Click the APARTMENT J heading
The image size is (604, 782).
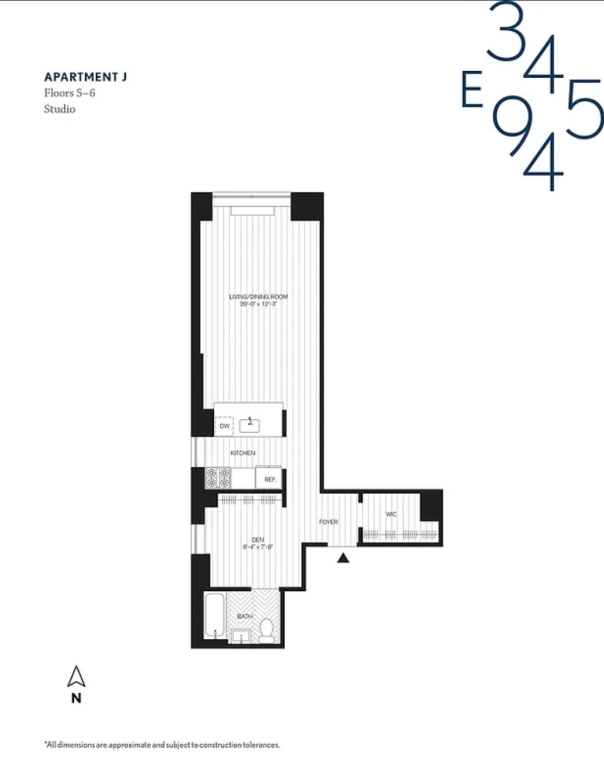(x=85, y=77)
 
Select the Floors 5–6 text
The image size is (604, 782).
(x=70, y=93)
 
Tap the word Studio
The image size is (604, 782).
(x=60, y=109)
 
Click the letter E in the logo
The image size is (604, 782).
(x=472, y=90)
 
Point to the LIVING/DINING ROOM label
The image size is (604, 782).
(x=258, y=297)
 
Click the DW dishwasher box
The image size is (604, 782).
(x=224, y=426)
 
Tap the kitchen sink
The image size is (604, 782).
(x=250, y=425)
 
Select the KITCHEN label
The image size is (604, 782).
(x=242, y=453)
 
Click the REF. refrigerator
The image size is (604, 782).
(x=270, y=479)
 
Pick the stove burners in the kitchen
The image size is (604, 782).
(x=218, y=478)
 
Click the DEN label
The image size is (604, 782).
(x=257, y=539)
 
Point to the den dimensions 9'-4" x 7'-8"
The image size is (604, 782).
(x=257, y=547)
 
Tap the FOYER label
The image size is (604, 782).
(x=328, y=522)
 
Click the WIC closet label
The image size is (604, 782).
(x=391, y=514)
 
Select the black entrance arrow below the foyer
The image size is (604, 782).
(x=343, y=558)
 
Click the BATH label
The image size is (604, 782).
(x=245, y=616)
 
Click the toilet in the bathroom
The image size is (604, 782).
(x=267, y=630)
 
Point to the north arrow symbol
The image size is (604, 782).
(x=76, y=677)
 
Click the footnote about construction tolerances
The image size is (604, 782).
(x=162, y=745)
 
